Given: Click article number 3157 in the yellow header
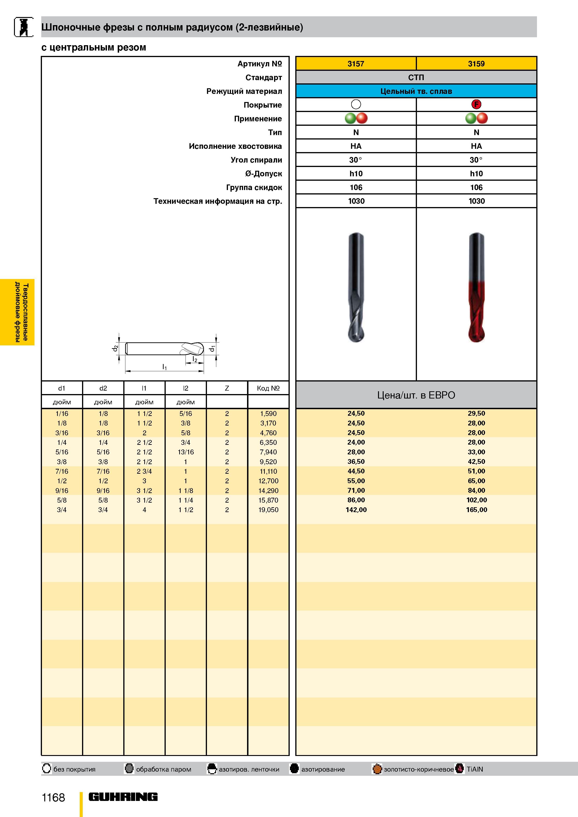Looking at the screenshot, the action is pos(356,64).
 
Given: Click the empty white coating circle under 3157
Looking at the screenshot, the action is pos(356,104).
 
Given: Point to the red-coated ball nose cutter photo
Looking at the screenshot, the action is pos(477,288).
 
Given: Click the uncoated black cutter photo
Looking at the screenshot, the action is pos(356,288).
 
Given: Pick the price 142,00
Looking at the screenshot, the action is pos(356,510).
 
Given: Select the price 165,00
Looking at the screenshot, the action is pos(477,510).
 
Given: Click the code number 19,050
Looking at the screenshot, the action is pos(268,510).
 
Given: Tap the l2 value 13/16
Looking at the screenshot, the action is pos(186,452).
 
